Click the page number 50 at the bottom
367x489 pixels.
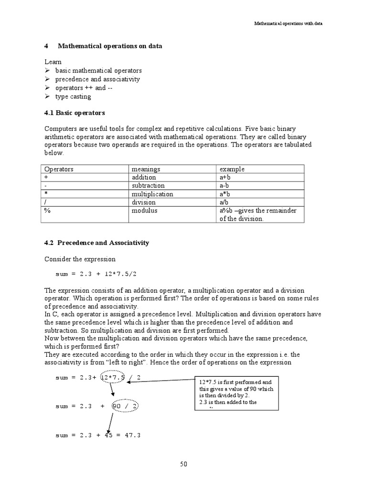183,464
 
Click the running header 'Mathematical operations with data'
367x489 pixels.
289,24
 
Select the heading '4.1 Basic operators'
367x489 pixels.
75,113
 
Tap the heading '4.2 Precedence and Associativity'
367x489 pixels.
97,243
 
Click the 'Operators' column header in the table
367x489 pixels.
59,169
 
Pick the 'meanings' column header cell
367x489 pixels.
146,169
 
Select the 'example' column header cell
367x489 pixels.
232,169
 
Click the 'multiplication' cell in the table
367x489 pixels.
152,194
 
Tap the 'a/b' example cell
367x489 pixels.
225,202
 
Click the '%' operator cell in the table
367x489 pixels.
47,210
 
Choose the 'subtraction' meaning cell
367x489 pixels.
148,186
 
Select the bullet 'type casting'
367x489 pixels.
73,96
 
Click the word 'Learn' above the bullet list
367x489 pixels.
53,62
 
